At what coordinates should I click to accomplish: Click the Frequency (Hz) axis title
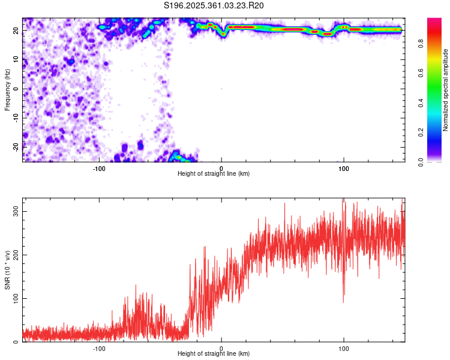coord(7,89)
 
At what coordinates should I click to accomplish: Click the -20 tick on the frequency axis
coord(16,146)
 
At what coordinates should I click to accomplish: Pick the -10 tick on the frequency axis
coord(16,118)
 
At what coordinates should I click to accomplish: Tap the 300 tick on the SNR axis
coord(14,212)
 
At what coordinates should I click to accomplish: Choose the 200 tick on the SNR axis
coord(14,255)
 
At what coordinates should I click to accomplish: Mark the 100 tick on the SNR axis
coord(14,298)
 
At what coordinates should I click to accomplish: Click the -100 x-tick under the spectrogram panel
coord(99,169)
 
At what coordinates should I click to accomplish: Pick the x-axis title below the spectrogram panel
coord(214,174)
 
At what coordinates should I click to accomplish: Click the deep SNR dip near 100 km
coord(343,301)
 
